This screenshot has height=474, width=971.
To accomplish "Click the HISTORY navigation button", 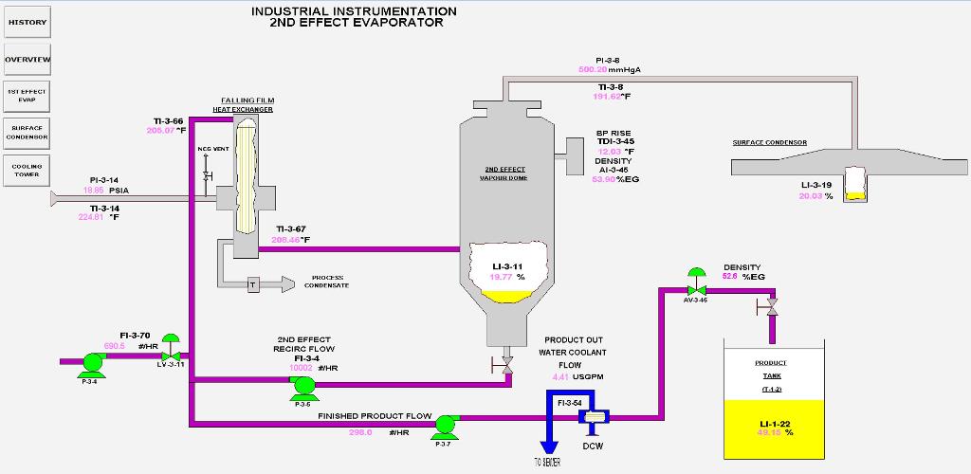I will pos(27,22).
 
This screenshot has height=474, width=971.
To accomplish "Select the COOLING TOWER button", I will pos(27,170).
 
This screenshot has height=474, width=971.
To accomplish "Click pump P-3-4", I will pos(92,362).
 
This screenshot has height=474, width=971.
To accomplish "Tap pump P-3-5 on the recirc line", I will pos(302,384).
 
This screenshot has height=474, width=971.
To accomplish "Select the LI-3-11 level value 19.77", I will pos(501,277).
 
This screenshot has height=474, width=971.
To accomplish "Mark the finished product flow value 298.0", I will pos(360,432).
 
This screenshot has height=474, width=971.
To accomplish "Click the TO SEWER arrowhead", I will pos(547,447).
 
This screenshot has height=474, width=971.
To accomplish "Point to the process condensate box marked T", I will pos(252,284).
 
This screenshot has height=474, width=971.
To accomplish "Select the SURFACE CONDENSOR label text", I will pos(769,142).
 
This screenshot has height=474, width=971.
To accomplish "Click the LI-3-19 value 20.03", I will pos(811,196).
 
